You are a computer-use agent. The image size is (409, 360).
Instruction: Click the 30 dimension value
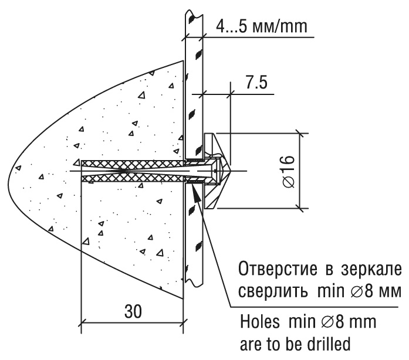point(133,311)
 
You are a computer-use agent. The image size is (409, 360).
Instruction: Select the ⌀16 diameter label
point(289,171)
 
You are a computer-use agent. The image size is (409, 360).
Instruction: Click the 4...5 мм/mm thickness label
point(262,26)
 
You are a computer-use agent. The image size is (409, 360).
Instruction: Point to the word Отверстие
point(278,269)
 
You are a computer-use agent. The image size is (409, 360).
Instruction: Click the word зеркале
point(371,270)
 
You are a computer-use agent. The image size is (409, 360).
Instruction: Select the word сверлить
point(273,291)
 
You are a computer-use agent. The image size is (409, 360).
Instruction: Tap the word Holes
point(259,322)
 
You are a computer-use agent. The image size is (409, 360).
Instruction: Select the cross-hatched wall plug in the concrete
point(132,171)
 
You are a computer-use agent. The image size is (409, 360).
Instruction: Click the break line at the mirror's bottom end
point(194,282)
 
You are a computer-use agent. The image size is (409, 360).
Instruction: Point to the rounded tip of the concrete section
point(9,180)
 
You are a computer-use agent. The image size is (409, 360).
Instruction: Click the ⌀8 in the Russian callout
point(360,291)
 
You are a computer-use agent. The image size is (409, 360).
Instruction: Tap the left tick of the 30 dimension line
point(82,322)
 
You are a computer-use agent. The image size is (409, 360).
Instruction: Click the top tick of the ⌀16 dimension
point(299,134)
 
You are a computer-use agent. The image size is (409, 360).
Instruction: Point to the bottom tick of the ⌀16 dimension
point(299,208)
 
